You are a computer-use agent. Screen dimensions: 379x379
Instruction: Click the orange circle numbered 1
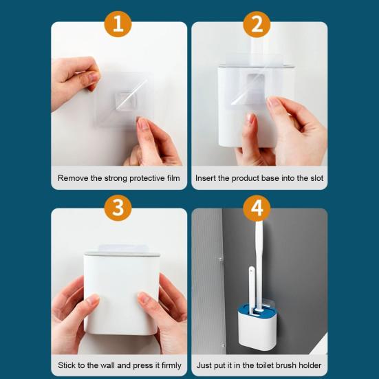118,24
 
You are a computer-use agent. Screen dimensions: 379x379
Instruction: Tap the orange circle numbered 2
257,24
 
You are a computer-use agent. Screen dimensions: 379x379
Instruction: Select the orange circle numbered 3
118,208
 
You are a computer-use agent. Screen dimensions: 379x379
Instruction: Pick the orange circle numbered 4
257,208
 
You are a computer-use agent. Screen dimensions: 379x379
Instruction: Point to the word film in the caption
173,178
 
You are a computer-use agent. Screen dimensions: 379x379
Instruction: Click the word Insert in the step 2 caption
205,178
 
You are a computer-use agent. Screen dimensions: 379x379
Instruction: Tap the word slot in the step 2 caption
316,178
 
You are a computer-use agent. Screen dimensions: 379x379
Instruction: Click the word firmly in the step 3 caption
171,365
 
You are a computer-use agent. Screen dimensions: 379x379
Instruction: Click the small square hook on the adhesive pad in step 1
126,101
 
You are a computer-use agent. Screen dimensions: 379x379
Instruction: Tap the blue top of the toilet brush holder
258,311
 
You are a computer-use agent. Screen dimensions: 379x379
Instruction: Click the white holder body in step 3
121,294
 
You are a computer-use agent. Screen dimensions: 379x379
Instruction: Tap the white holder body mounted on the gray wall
258,331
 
